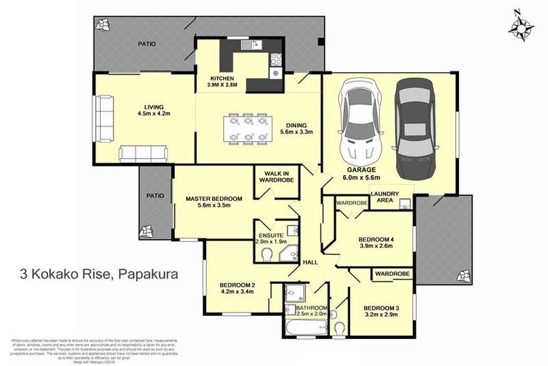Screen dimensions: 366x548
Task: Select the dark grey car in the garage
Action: [x=415, y=127]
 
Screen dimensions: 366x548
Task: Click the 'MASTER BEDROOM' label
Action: [x=214, y=198]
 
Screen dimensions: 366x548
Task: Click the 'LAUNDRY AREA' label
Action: [x=385, y=197]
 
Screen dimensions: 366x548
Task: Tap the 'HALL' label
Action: [x=310, y=262]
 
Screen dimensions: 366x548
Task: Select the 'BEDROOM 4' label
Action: [x=375, y=239]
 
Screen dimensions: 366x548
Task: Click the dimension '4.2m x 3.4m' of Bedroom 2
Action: [x=237, y=292]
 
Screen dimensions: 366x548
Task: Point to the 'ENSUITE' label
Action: [x=272, y=234]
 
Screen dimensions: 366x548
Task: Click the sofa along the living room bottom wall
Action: [x=143, y=152]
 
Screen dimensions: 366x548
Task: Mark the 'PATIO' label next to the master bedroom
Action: [x=155, y=195]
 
